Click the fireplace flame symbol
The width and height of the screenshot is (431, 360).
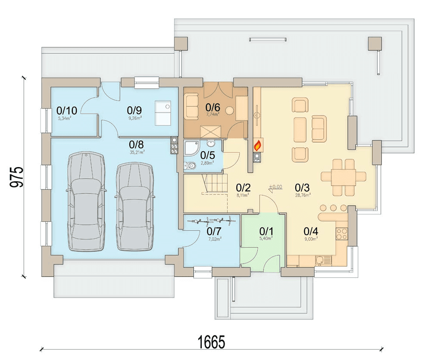257,145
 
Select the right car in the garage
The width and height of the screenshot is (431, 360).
135,206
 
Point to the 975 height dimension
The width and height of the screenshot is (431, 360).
16,177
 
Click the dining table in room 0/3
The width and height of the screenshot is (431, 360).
344,177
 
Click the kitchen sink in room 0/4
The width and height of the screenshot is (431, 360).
323,260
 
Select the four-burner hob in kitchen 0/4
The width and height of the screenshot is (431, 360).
342,234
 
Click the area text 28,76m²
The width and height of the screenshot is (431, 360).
303,195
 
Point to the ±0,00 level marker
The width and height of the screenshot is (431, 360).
275,187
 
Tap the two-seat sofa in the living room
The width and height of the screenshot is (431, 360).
319,128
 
